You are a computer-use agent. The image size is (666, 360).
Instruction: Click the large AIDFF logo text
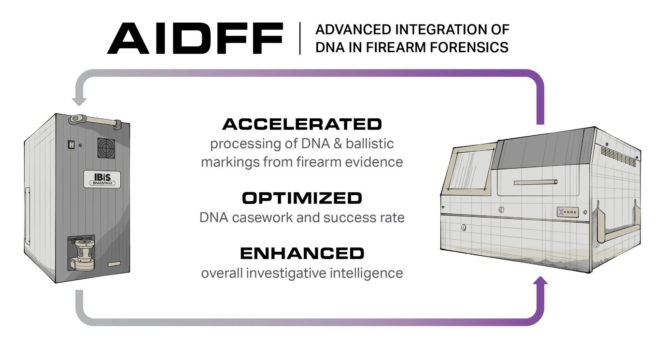point(195,38)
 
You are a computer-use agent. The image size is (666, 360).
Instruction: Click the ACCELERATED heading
point(302,124)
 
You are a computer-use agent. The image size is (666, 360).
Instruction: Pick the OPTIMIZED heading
point(302,198)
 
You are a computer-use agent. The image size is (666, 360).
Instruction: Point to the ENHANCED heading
point(302,254)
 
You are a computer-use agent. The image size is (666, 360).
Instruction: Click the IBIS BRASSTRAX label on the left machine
point(102,179)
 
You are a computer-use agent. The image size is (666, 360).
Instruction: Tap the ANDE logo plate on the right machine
point(567,212)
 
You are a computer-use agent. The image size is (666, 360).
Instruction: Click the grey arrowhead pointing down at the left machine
point(79,101)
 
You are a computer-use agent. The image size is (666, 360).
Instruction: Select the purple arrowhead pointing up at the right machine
point(540,281)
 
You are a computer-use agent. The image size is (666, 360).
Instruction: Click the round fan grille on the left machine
point(106,148)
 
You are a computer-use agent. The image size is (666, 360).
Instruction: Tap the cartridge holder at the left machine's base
point(83,253)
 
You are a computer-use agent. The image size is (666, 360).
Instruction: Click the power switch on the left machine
point(71,144)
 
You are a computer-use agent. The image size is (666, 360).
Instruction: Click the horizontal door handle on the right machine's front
point(536,182)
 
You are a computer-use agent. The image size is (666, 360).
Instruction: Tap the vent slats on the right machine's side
point(618,156)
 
